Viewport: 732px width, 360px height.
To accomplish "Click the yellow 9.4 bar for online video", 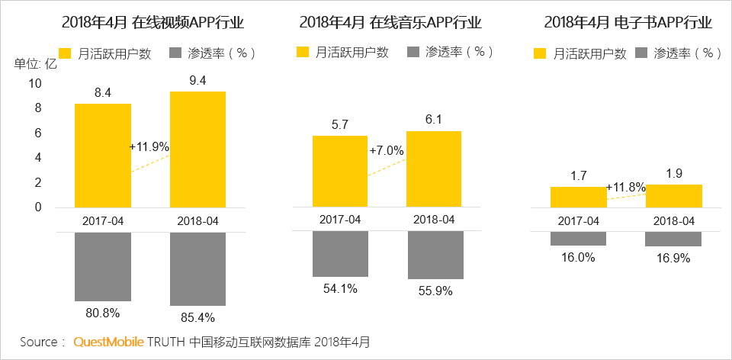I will click(x=198, y=149).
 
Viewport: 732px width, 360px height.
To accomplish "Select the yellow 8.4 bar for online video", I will click(x=103, y=156).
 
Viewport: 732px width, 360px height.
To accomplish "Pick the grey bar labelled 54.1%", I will click(x=340, y=254).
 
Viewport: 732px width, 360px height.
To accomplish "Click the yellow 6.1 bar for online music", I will click(x=435, y=169).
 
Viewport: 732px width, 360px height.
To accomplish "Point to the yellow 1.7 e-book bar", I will click(x=578, y=197).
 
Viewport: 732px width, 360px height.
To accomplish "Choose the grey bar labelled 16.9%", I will click(x=673, y=239).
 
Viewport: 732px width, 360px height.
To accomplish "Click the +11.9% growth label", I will click(x=149, y=146).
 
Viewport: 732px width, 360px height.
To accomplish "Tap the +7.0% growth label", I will click(x=387, y=151).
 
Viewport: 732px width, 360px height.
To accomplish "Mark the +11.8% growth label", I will click(x=625, y=187).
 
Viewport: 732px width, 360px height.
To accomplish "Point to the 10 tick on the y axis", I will click(x=36, y=83).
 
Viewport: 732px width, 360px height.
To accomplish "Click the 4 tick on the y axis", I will click(x=39, y=158).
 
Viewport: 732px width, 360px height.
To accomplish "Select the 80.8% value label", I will click(x=102, y=312).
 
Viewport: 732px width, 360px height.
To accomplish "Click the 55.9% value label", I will click(x=435, y=291).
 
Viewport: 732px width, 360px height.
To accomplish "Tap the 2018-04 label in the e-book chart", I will click(x=673, y=220).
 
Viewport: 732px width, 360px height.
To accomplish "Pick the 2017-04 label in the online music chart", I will click(x=340, y=220).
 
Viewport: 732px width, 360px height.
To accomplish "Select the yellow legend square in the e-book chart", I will click(x=541, y=53).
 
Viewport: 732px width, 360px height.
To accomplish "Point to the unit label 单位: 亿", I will click(x=36, y=63).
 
